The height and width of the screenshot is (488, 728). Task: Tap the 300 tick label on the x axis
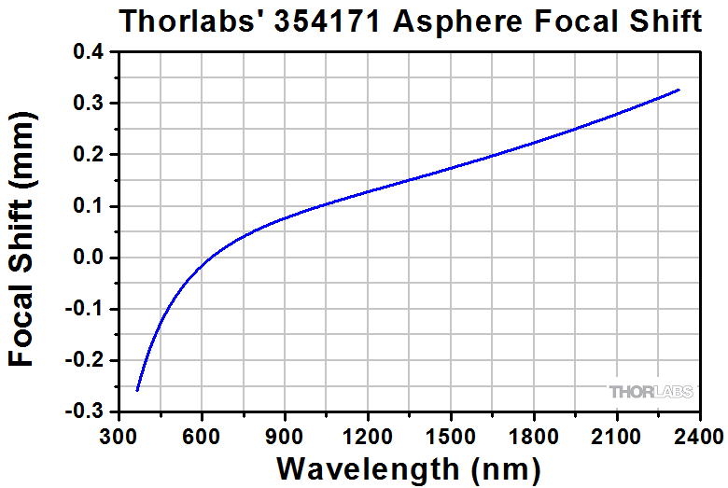pyautogui.click(x=119, y=435)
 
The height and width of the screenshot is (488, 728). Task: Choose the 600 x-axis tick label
pyautogui.click(x=202, y=435)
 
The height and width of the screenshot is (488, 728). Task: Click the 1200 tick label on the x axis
pyautogui.click(x=368, y=435)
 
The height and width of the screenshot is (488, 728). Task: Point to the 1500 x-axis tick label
pyautogui.click(x=451, y=435)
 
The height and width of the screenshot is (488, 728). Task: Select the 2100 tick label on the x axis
pyautogui.click(x=617, y=435)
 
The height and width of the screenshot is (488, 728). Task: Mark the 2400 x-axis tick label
pyautogui.click(x=699, y=435)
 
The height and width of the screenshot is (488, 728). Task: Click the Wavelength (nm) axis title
pyautogui.click(x=409, y=467)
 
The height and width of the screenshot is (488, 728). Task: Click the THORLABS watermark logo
pyautogui.click(x=651, y=392)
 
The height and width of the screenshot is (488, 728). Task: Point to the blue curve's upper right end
pyautogui.click(x=679, y=90)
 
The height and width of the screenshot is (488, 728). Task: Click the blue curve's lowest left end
pyautogui.click(x=137, y=390)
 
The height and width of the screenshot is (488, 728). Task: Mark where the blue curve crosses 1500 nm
pyautogui.click(x=451, y=168)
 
